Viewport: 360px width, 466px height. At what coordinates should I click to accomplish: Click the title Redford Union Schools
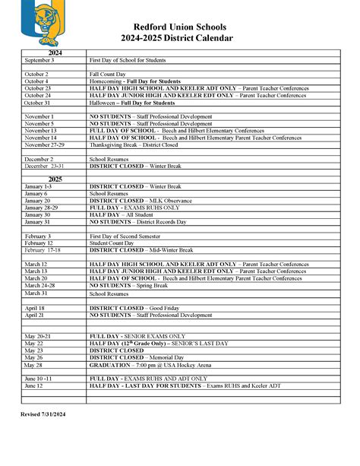[x=180, y=26]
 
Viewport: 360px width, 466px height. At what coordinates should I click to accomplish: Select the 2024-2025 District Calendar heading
[x=180, y=38]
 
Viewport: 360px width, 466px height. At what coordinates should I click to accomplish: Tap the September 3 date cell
[x=39, y=59]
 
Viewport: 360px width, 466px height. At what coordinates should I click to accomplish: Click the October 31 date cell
[x=37, y=103]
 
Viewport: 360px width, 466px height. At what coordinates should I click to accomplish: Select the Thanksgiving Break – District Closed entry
[x=134, y=144]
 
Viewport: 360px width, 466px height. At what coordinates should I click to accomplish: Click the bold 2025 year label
[x=54, y=179]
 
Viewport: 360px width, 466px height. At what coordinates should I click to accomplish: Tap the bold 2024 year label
[x=54, y=52]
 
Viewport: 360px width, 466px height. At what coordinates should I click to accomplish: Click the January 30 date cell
[x=38, y=215]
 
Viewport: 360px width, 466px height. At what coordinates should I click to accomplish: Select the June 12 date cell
[x=34, y=385]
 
